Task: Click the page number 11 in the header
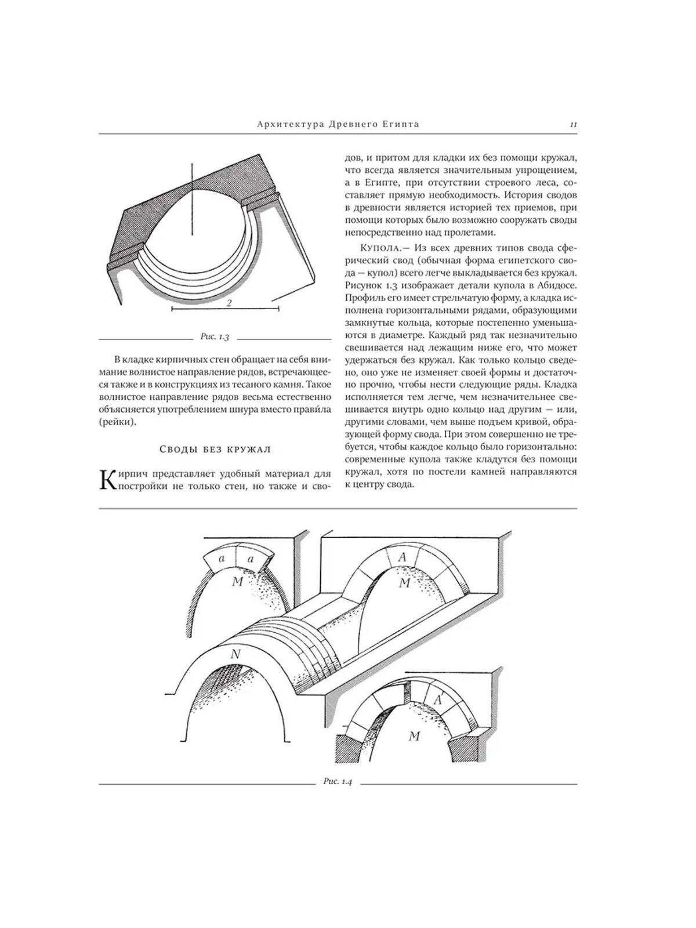pyautogui.click(x=572, y=124)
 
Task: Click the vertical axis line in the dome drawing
pyautogui.click(x=191, y=203)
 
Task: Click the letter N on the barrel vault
pyautogui.click(x=235, y=654)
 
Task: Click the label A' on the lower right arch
pyautogui.click(x=438, y=700)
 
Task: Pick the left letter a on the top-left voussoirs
pyautogui.click(x=221, y=559)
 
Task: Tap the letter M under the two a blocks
pyautogui.click(x=237, y=581)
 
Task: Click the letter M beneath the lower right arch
pyautogui.click(x=414, y=737)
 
